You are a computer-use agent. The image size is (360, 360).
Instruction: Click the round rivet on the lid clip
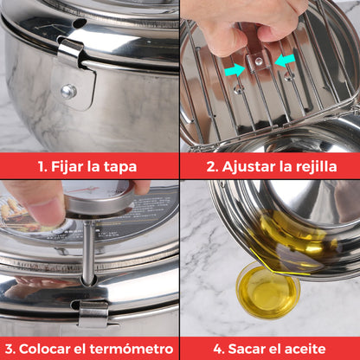[68, 90]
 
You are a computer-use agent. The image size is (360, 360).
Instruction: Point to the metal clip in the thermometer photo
[93, 312]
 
